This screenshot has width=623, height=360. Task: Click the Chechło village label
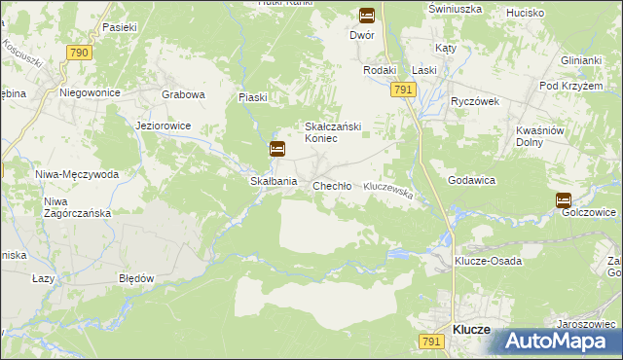pos(331,185)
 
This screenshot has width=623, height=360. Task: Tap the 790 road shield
pos(80,53)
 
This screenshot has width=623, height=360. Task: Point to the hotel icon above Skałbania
pos(277,149)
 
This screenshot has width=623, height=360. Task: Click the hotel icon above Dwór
pos(367,15)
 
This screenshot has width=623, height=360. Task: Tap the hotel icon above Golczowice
pos(564,199)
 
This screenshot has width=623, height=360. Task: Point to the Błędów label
pos(136,277)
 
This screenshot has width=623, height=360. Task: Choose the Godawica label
pos(472,181)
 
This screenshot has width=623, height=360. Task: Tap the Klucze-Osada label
pos(488,261)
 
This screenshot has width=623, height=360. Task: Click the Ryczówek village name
pos(474,101)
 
